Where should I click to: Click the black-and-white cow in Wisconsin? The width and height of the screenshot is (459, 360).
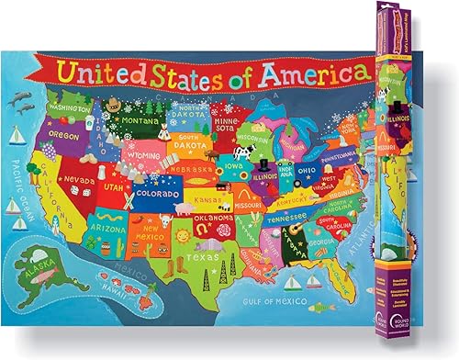coord(242,152)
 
